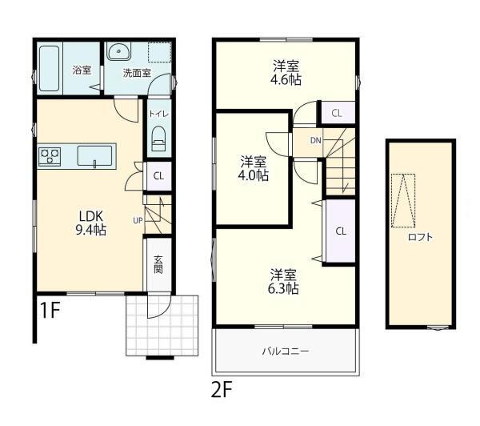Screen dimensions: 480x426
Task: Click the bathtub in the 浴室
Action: point(50,68)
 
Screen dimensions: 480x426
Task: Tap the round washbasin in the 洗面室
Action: point(118,51)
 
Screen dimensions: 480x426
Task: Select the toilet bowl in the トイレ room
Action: point(158,139)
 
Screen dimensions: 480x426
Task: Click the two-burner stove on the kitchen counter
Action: point(50,156)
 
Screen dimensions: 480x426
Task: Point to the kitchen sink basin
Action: point(95,155)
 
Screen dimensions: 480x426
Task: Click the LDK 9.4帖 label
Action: point(91,223)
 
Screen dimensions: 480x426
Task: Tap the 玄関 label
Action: point(158,264)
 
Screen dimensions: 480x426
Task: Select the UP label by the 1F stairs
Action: point(138,220)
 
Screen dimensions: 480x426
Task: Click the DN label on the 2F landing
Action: point(316,141)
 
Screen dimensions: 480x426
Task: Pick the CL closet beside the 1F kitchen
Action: point(158,176)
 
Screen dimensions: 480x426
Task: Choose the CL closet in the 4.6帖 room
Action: point(337,114)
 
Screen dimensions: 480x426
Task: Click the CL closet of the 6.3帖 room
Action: point(341,231)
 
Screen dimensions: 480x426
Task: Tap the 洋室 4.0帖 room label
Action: point(253,168)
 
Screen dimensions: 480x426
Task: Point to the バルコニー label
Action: point(286,351)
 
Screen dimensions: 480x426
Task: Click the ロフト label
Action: point(421,237)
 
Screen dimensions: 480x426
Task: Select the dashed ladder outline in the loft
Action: point(403,200)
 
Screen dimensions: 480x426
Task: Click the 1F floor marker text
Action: point(50,310)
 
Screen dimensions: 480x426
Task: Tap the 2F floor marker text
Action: point(222,389)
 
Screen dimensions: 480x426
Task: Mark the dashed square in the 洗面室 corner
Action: point(159,52)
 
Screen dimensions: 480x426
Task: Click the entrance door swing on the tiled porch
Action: point(158,307)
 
